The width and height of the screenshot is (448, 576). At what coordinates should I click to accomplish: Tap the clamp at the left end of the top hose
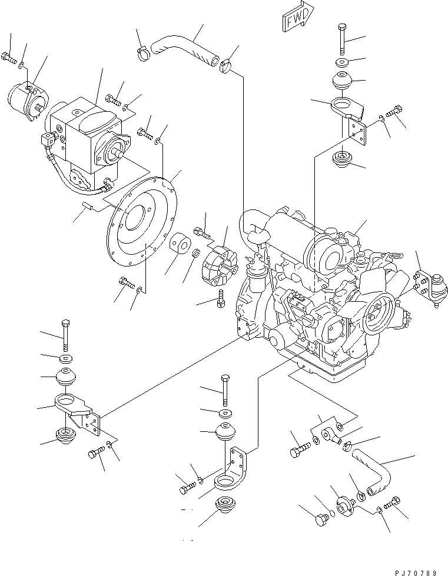tap(143, 54)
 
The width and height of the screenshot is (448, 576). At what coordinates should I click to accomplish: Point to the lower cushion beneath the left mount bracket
tap(65, 435)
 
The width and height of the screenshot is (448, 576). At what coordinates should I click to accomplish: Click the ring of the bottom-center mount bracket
tap(224, 482)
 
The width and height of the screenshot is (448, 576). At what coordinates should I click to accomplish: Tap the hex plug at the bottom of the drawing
tap(322, 520)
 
